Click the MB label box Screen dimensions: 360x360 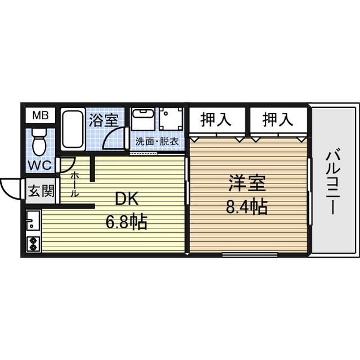(40, 116)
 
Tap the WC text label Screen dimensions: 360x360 (40, 166)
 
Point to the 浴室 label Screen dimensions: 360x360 (103, 119)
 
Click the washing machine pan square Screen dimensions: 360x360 (171, 119)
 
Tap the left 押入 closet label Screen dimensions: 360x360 (217, 119)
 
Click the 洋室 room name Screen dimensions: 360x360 (246, 184)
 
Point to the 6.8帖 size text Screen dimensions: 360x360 (127, 222)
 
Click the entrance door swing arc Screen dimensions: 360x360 (10, 188)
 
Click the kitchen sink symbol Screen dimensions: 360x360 (33, 220)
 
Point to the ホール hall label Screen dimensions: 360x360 (75, 184)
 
